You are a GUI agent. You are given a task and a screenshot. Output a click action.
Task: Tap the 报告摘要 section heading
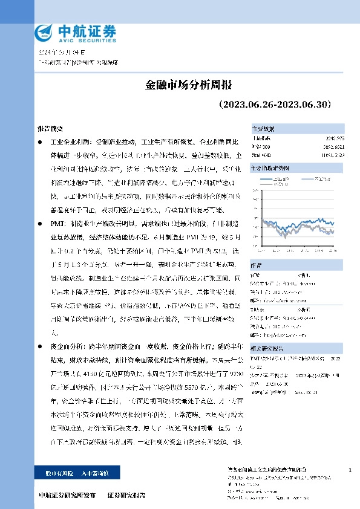(49, 129)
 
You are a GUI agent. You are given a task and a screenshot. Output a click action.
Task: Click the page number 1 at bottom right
(350, 470)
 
